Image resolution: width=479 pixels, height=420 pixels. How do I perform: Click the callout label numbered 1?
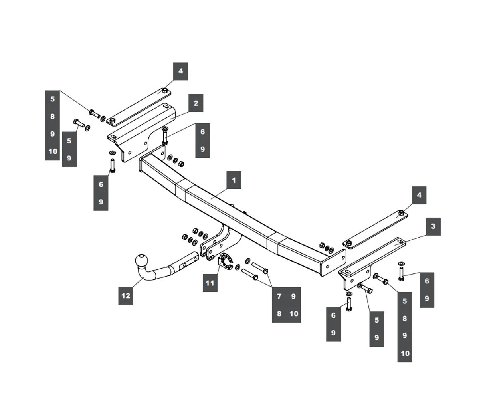click(x=234, y=180)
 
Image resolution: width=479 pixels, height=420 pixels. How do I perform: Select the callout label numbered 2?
click(x=196, y=103)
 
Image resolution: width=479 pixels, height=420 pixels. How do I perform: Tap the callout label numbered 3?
click(x=433, y=226)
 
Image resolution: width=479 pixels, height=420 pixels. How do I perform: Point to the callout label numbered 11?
click(x=210, y=283)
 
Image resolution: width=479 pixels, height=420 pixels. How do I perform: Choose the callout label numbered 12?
click(x=126, y=296)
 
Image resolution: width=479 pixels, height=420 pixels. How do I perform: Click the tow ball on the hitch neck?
click(x=142, y=261)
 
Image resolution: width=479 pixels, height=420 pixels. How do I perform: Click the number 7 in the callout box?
click(x=279, y=296)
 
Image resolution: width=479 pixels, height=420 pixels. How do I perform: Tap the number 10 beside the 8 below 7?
click(x=294, y=314)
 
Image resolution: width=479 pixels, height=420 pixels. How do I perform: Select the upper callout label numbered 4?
click(x=180, y=71)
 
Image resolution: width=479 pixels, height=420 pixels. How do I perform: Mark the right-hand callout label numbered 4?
click(x=419, y=195)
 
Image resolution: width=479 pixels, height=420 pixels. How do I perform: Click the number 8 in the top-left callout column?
click(x=52, y=117)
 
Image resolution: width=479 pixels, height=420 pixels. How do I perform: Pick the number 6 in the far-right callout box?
click(x=427, y=281)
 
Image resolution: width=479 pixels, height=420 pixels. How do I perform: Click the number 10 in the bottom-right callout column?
click(x=405, y=353)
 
